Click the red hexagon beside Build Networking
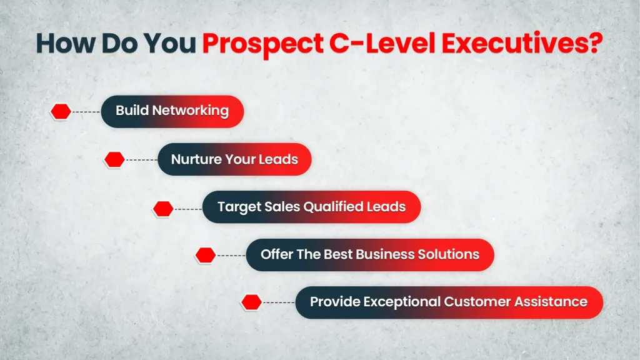click(61, 112)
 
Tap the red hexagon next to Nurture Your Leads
click(114, 160)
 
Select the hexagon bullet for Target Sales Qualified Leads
click(163, 208)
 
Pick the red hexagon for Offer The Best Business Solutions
click(206, 255)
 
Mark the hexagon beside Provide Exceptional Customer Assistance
click(251, 302)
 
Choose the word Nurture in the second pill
click(194, 159)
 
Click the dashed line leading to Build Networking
click(86, 112)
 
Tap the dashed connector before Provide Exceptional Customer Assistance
click(279, 302)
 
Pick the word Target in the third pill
click(236, 207)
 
